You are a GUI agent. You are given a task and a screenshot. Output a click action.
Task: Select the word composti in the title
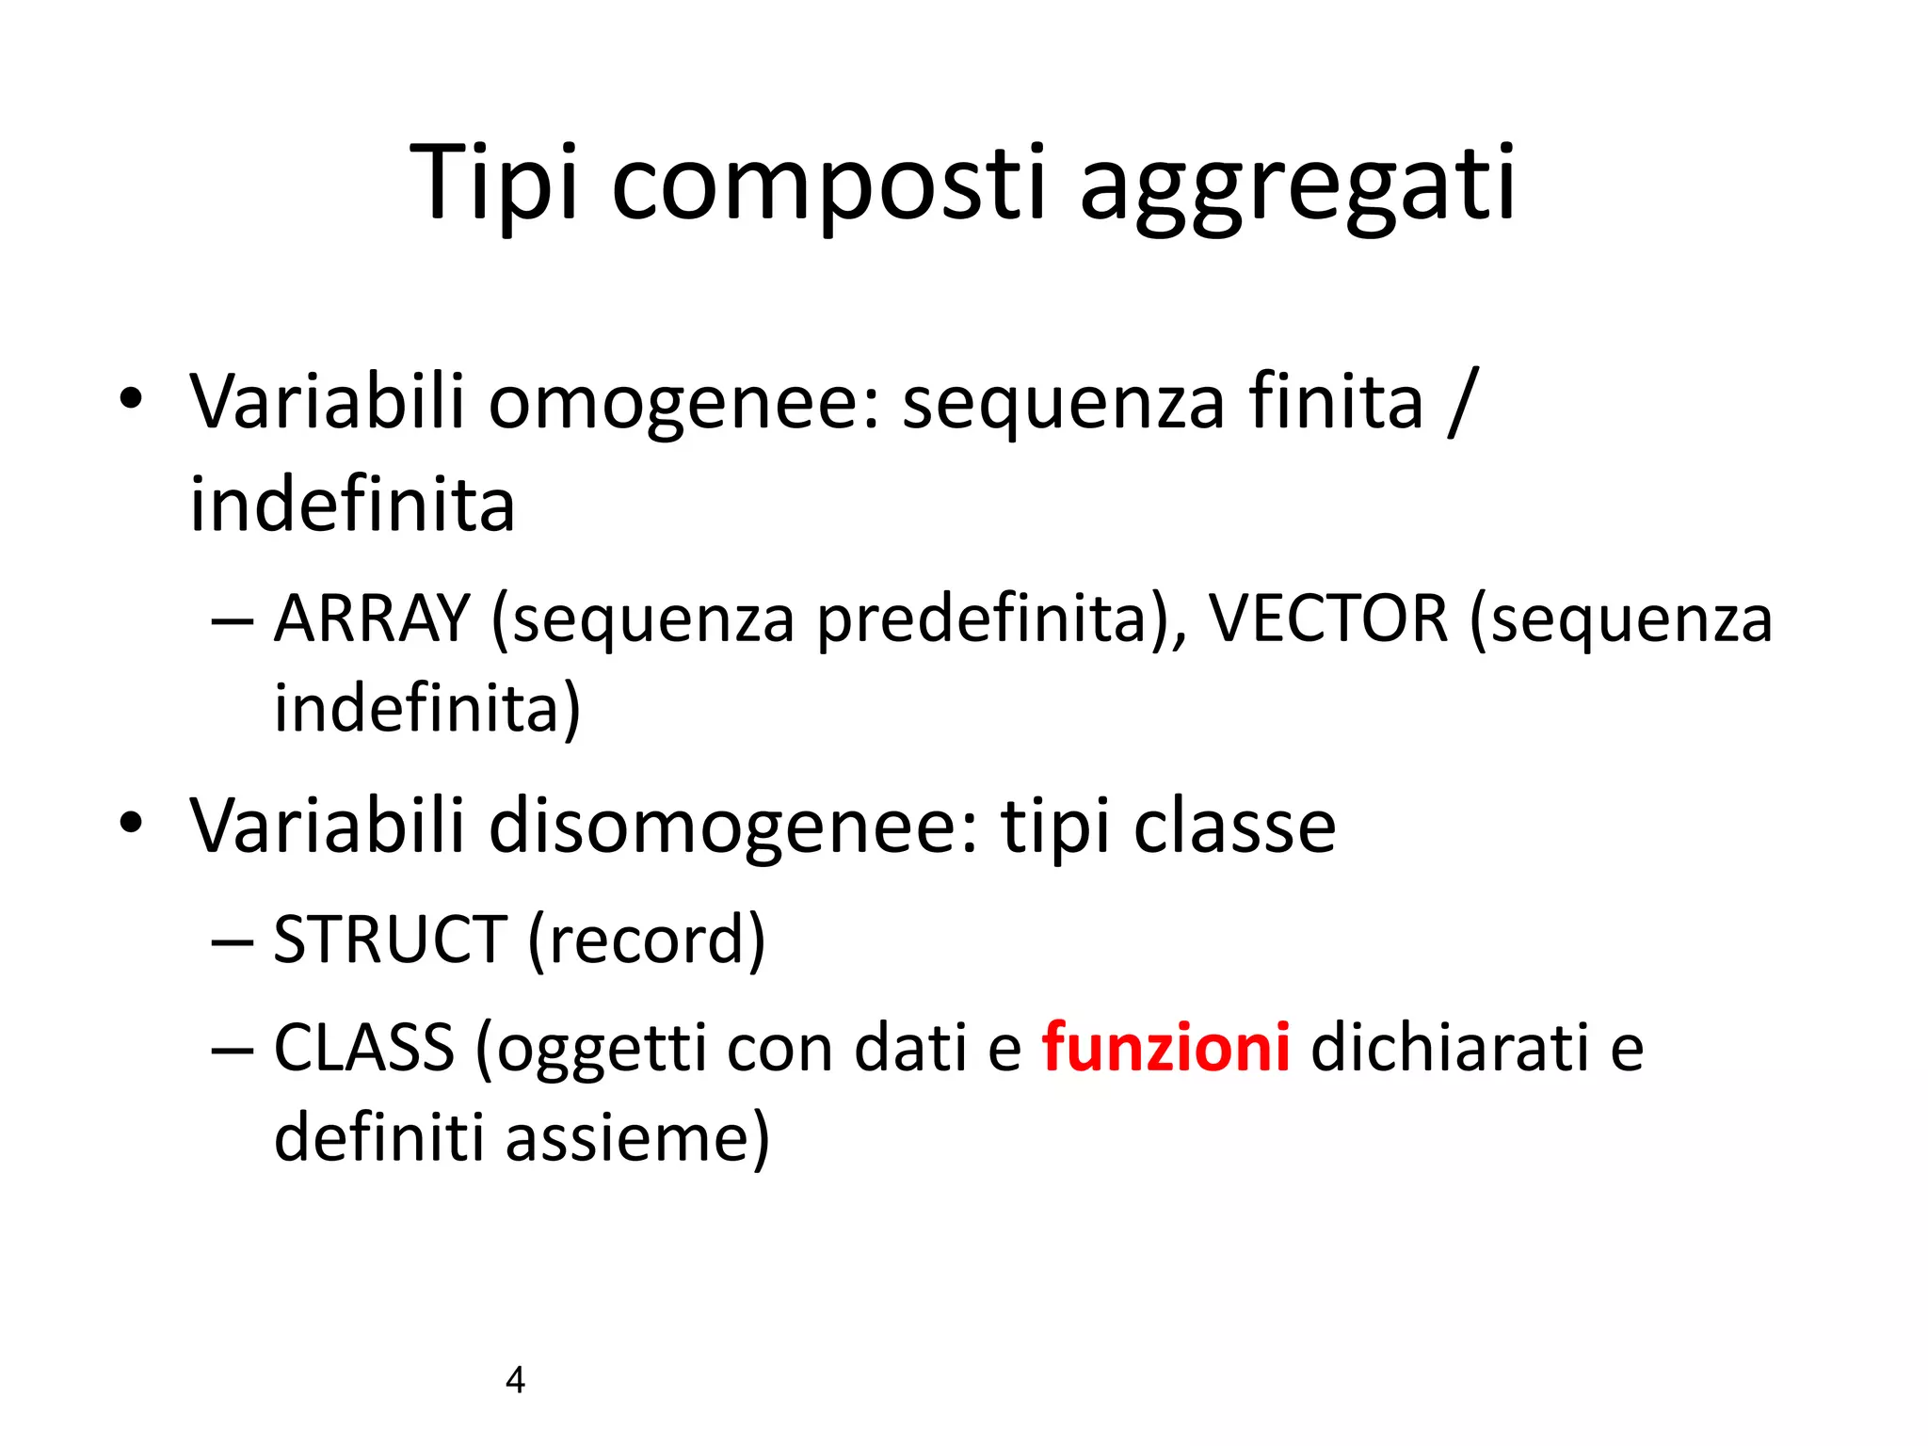[827, 183]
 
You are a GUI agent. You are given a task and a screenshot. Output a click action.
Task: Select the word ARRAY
[372, 619]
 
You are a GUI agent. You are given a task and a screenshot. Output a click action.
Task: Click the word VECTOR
[1328, 619]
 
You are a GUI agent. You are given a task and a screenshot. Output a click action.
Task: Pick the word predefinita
[980, 621]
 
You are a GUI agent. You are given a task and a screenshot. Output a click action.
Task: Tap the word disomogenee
[733, 827]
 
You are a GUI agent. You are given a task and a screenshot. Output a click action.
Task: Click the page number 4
[515, 1380]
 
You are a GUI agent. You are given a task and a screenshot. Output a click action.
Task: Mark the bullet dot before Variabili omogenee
[131, 400]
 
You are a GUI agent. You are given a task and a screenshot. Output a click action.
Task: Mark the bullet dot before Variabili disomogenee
[131, 824]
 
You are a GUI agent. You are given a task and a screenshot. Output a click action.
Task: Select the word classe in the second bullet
[1234, 827]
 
